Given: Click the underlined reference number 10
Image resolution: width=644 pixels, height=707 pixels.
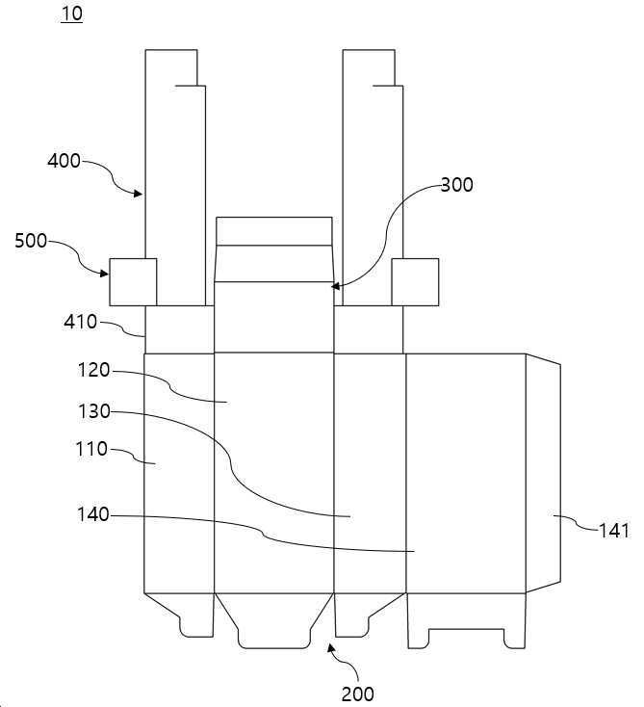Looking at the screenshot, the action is point(71,13).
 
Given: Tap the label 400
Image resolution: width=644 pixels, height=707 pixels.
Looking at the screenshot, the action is point(64,161).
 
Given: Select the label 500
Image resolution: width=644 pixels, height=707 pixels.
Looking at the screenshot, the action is point(31,241).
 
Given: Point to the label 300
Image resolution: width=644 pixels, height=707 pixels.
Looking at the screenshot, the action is point(456,185).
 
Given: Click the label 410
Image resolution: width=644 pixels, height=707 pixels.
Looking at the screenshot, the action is point(80,322).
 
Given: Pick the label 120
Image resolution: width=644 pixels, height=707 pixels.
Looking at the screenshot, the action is point(93,370).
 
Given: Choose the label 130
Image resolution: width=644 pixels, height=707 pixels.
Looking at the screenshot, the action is point(94,411).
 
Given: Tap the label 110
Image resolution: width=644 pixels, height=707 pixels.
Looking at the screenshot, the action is point(91,449).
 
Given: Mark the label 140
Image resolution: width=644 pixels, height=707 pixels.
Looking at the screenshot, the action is point(93,514).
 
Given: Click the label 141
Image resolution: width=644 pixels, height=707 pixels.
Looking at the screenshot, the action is point(613,531).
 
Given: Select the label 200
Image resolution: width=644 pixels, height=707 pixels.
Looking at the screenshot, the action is point(357,694).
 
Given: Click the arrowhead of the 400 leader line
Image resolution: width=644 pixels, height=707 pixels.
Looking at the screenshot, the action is point(139,194).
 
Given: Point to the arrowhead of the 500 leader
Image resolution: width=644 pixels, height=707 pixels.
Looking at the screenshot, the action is point(104,274).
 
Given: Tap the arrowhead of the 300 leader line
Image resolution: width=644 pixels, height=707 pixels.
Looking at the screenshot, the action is point(335,286).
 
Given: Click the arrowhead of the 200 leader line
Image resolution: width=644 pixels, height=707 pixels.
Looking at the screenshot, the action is point(331,648).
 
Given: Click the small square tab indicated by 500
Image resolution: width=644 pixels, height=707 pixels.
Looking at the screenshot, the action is point(134,282).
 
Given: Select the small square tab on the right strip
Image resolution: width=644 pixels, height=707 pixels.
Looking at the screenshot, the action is point(415,282).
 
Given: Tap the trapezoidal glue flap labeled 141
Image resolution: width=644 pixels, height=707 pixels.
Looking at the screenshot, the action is point(543,474).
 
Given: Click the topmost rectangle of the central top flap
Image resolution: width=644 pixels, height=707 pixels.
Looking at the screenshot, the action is point(274,231).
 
